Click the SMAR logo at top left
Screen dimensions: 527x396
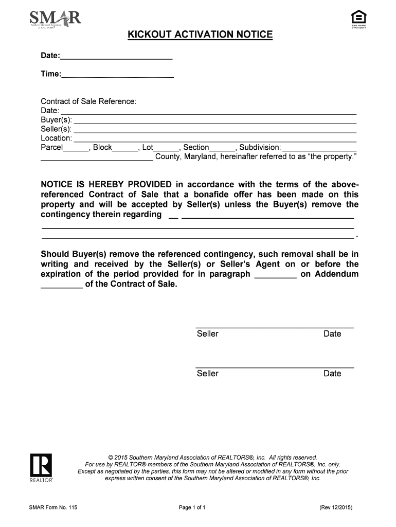(56, 21)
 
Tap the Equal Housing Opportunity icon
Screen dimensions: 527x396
(358, 19)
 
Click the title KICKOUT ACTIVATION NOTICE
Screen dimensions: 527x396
(200, 35)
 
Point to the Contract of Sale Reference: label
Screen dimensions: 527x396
(88, 101)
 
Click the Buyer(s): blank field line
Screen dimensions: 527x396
(215, 120)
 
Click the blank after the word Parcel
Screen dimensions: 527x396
(76, 148)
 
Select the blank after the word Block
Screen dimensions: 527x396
(125, 148)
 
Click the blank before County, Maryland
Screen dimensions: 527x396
(97, 157)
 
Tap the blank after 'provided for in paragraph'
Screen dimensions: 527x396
(275, 275)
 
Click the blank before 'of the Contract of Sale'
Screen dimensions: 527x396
(61, 285)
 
